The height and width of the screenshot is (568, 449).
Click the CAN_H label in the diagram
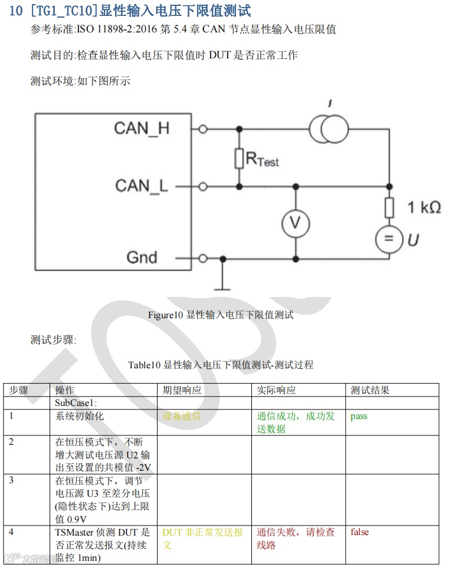pos(142,128)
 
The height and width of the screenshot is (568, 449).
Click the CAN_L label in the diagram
pos(142,186)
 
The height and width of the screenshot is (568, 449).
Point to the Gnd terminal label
pos(142,257)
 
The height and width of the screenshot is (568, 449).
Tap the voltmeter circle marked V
pos(296,223)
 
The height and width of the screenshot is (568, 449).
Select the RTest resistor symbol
pos(239,158)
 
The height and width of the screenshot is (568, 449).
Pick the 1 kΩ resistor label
pos(424,207)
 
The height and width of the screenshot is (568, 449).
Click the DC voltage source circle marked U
pos(389,239)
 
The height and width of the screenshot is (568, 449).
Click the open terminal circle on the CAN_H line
pos(203,129)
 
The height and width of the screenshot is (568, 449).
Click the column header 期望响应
pos(182,390)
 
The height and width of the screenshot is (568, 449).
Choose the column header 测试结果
pos(370,390)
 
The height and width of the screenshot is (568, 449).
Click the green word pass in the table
pos(359,416)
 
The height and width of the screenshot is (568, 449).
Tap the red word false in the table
pos(359,532)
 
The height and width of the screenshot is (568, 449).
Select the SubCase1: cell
pos(76,403)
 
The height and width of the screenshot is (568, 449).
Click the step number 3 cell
pos(11,480)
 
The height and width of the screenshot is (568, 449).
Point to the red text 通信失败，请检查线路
pos(296,539)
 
